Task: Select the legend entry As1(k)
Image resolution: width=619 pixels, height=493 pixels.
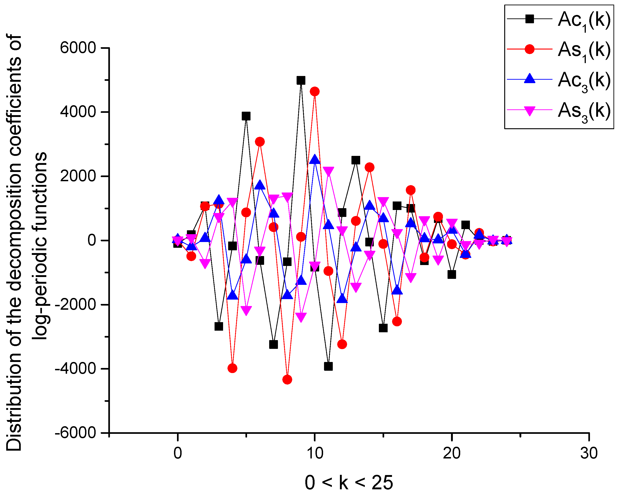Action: click(584, 50)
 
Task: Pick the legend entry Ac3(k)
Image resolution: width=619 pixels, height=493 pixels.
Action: click(584, 81)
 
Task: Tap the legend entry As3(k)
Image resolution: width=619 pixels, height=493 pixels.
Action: click(584, 111)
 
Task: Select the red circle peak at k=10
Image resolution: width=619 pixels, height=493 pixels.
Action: click(315, 91)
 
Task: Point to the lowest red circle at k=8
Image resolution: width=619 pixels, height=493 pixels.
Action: click(287, 380)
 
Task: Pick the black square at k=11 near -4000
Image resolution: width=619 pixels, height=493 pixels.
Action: click(328, 366)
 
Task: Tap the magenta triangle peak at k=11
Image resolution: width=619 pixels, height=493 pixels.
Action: click(328, 171)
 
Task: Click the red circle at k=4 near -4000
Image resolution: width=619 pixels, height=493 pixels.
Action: click(232, 368)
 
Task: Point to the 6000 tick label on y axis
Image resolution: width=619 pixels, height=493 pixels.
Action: click(77, 48)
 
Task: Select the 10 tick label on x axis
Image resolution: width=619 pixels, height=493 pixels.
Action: click(315, 453)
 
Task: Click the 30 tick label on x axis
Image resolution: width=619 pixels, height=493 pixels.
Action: click(589, 453)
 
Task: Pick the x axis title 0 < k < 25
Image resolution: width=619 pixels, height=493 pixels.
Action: click(349, 483)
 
